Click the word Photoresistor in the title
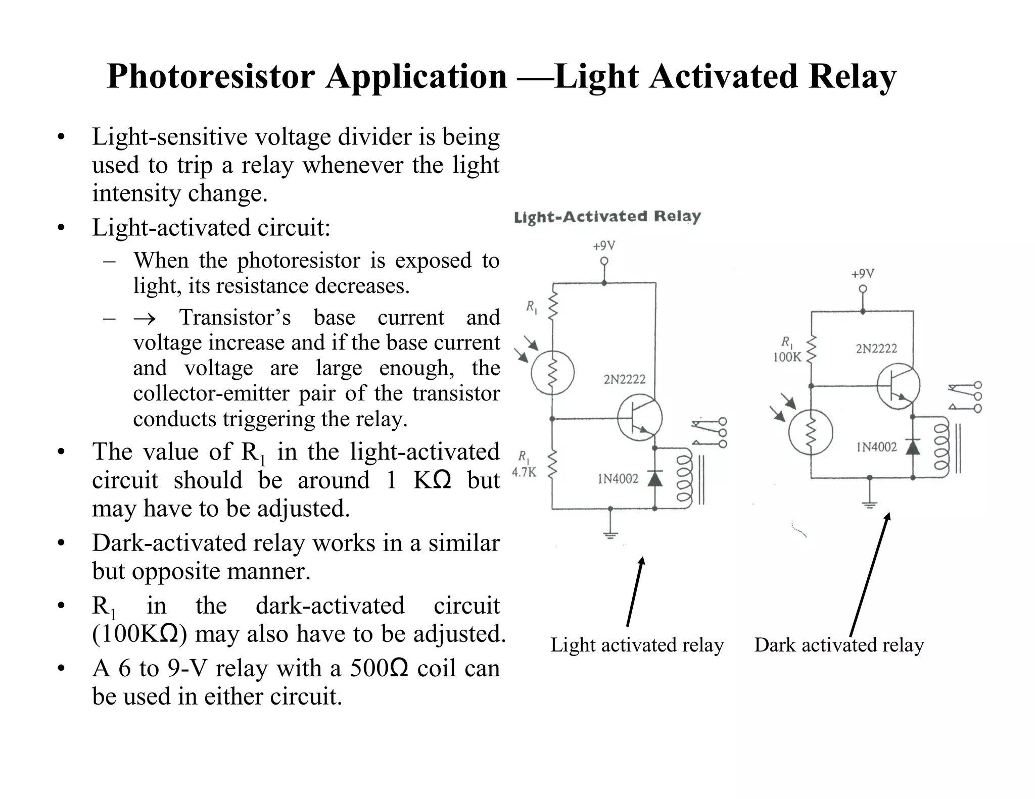click(x=211, y=77)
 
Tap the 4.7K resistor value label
click(x=524, y=472)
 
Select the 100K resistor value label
click(x=787, y=357)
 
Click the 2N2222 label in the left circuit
click(x=625, y=379)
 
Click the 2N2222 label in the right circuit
click(x=876, y=348)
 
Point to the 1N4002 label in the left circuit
click(x=618, y=479)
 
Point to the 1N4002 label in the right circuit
click(x=876, y=447)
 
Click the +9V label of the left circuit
click(x=604, y=246)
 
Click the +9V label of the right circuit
click(x=863, y=274)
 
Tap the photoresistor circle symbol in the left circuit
click(x=552, y=373)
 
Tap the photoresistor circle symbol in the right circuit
click(x=811, y=432)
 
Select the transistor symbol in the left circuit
click(x=639, y=418)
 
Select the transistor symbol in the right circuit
click(x=898, y=386)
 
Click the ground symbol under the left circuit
click(x=610, y=533)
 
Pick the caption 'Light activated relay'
click(x=637, y=645)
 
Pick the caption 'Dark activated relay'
click(x=839, y=645)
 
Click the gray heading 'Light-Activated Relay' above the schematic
click(x=607, y=217)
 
